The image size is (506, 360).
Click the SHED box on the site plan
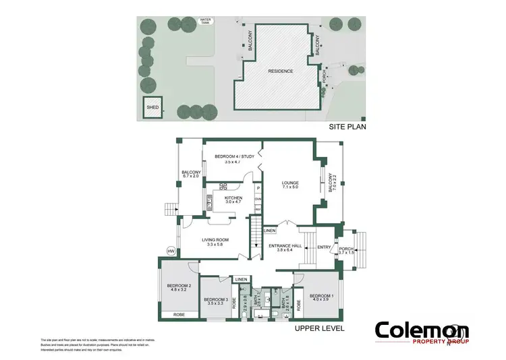[x=152, y=108]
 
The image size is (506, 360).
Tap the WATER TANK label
[x=206, y=21]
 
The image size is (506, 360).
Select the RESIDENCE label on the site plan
[x=281, y=71]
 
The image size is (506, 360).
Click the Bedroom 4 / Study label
[x=234, y=159]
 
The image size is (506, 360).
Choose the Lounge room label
[x=291, y=185]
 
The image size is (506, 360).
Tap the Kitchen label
[x=223, y=200]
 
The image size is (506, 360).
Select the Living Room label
[x=217, y=241]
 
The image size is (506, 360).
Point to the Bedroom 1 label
[x=322, y=298]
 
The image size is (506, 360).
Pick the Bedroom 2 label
[x=179, y=288]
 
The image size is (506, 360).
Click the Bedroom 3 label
[x=214, y=301]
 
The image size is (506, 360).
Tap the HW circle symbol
[x=171, y=251]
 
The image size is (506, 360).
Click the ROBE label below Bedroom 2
[x=179, y=315]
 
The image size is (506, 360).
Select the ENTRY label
[x=325, y=247]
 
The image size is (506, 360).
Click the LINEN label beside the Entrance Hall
[x=270, y=231]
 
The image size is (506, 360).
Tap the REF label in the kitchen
[x=258, y=209]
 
